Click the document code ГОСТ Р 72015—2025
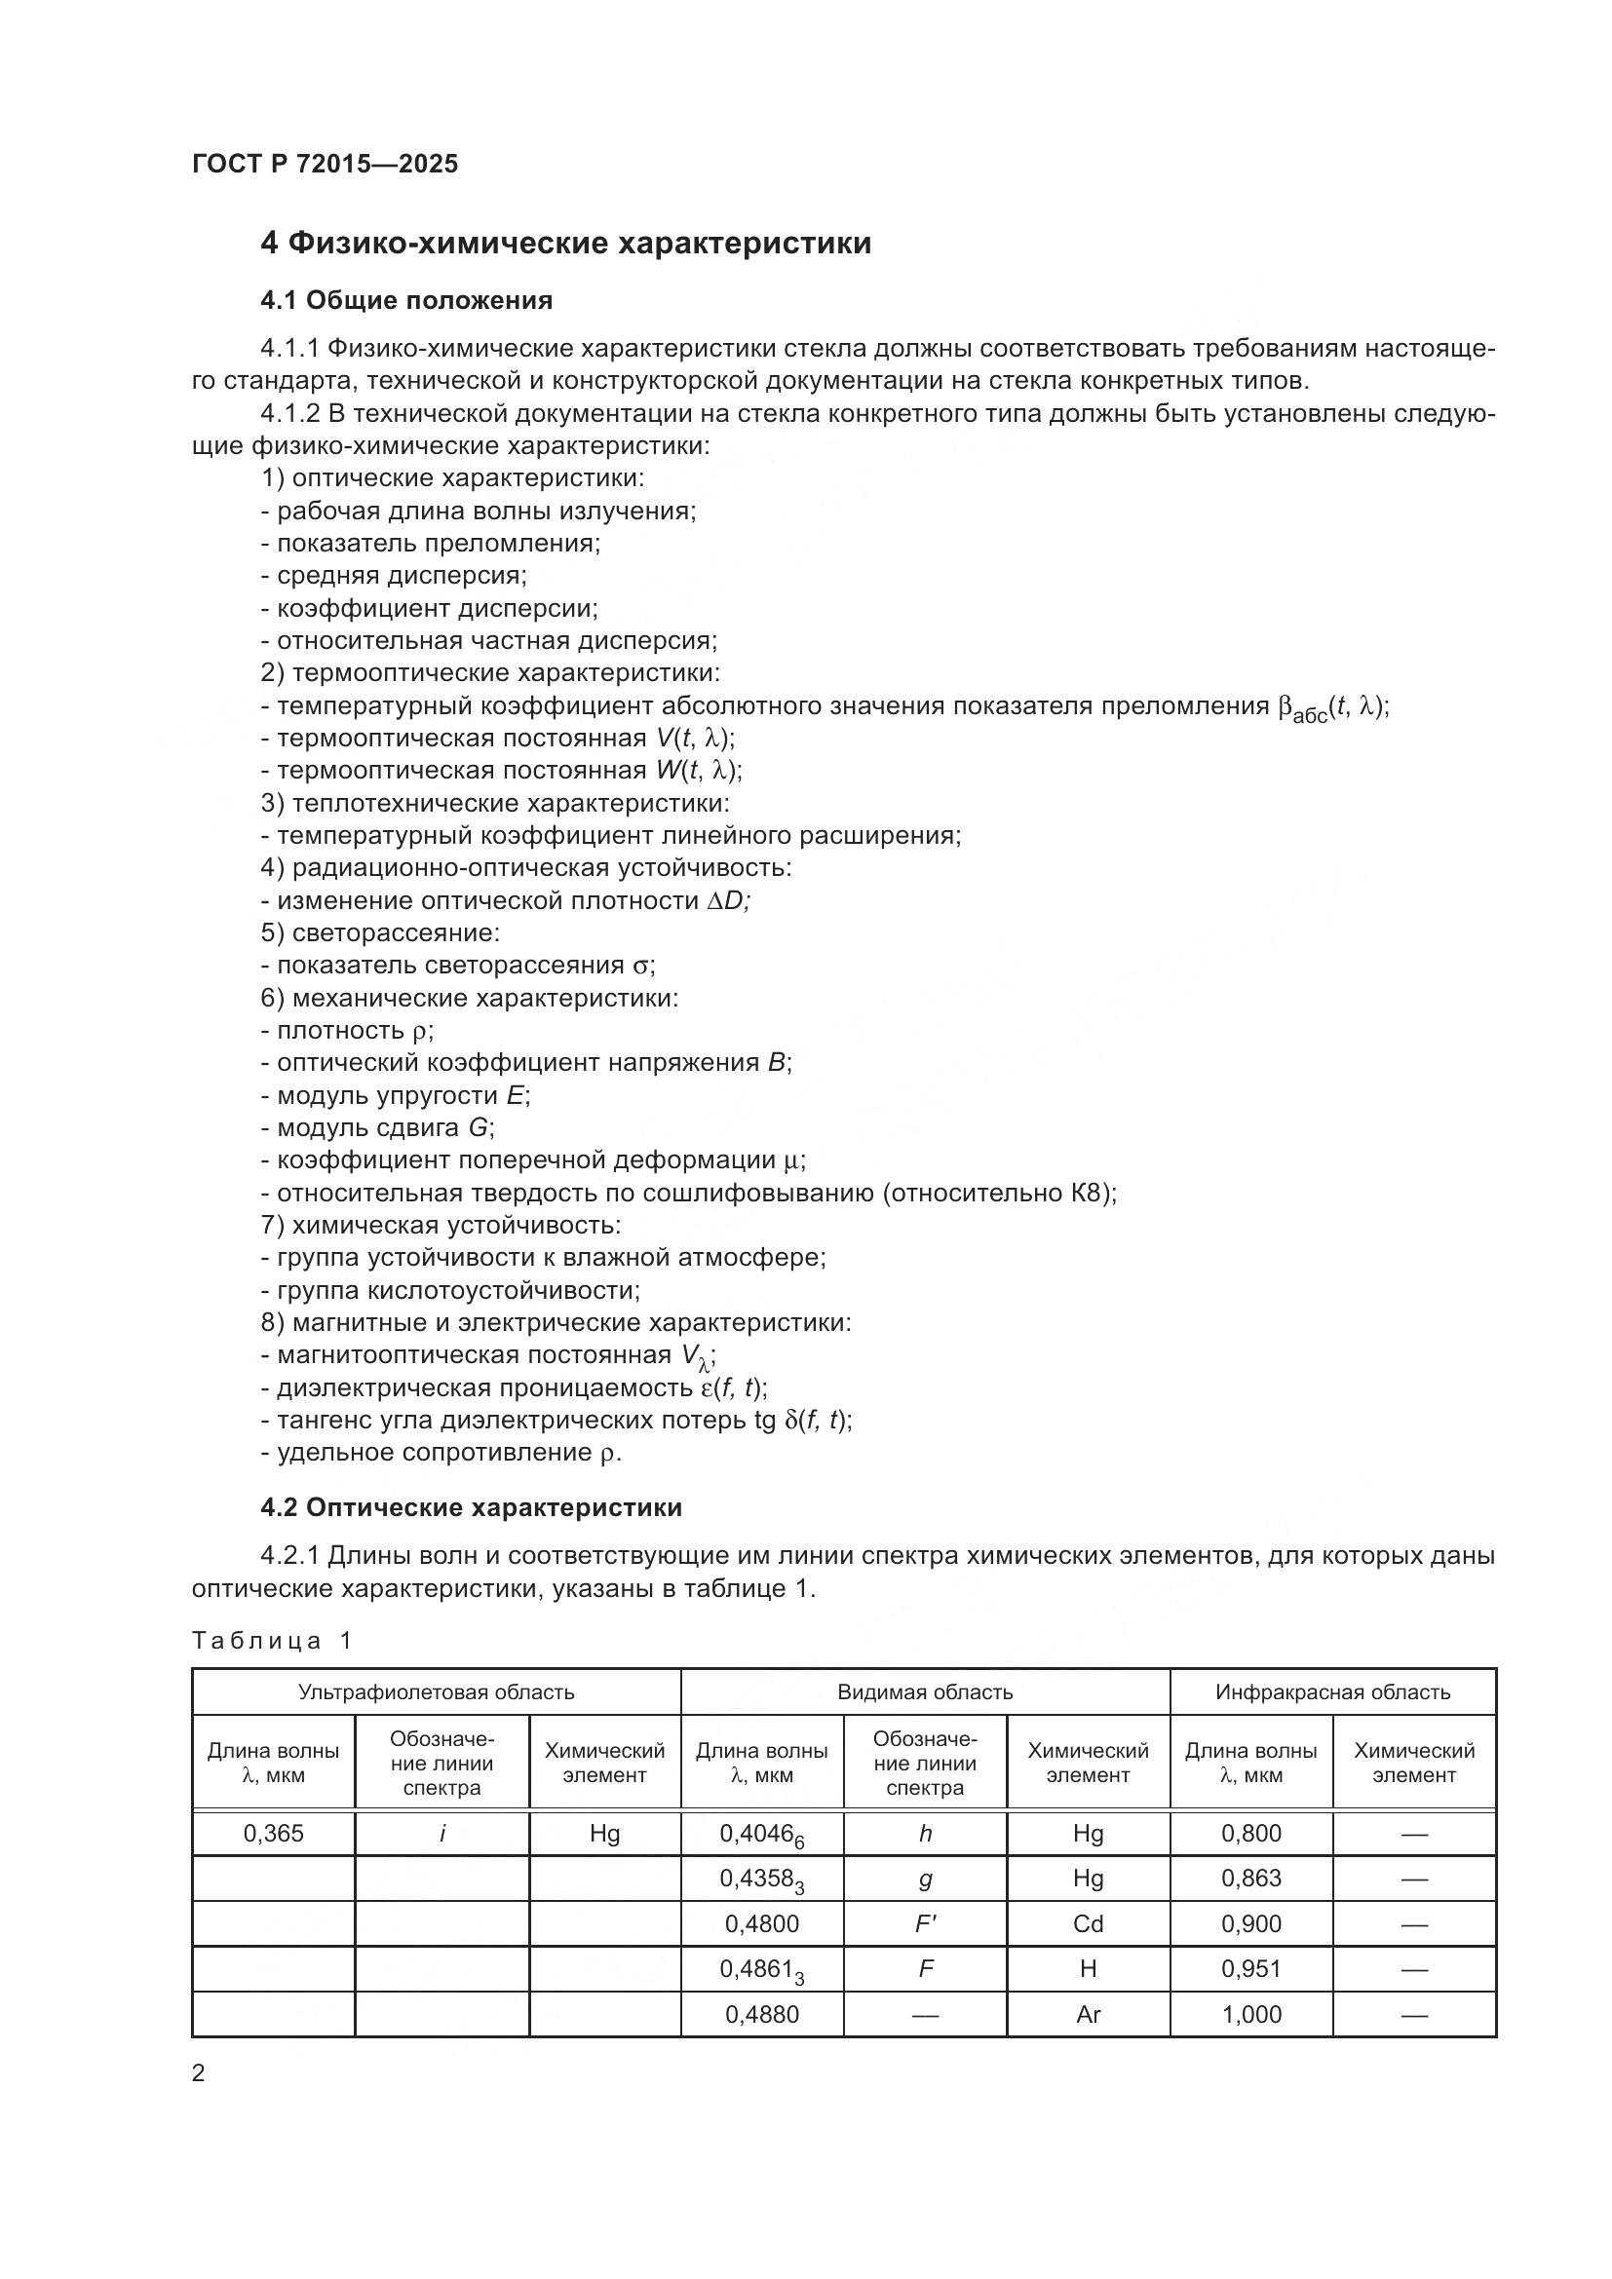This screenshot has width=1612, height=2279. click(x=325, y=164)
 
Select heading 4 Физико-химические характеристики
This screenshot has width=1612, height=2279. click(x=566, y=244)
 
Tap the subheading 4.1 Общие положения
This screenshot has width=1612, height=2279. click(x=406, y=300)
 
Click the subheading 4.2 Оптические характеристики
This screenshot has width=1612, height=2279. click(x=471, y=1506)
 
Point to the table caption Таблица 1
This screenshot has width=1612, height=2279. click(x=272, y=1640)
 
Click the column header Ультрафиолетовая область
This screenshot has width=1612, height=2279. click(x=436, y=1691)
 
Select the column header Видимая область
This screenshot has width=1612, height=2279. click(x=924, y=1691)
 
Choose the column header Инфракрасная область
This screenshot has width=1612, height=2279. click(x=1332, y=1691)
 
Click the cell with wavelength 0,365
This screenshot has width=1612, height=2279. click(x=273, y=1834)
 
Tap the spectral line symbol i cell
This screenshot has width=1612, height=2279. click(x=441, y=1834)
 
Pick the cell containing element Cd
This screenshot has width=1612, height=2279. click(x=1088, y=1923)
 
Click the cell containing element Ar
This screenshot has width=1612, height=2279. click(x=1088, y=2014)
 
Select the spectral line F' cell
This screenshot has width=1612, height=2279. click(x=925, y=1923)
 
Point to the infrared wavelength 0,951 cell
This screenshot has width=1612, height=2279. click(x=1250, y=1968)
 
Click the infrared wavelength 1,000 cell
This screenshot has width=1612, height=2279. click(x=1250, y=2014)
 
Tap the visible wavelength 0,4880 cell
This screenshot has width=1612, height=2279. click(x=761, y=2014)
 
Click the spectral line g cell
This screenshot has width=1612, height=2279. click(x=925, y=1878)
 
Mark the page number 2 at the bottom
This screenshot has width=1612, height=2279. click(x=199, y=2072)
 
